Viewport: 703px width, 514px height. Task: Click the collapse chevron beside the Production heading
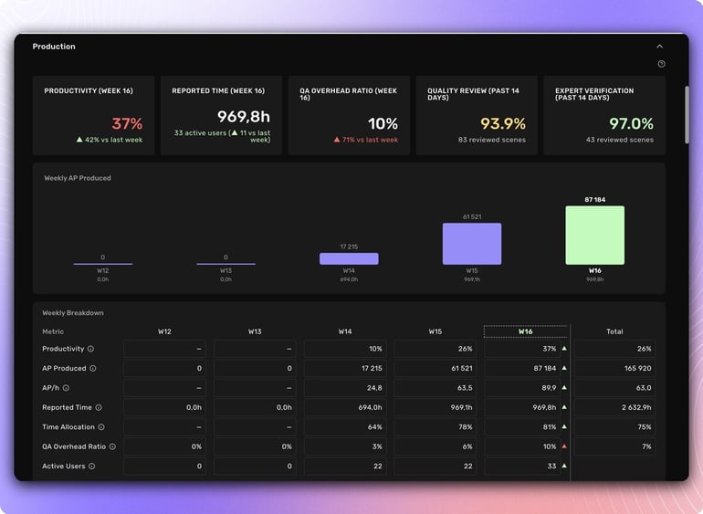click(x=659, y=47)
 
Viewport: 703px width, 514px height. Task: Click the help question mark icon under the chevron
click(x=661, y=64)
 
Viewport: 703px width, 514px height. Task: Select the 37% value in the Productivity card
click(x=128, y=124)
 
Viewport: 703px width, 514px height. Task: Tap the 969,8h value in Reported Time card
click(x=244, y=116)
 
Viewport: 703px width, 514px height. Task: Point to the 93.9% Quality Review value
click(x=503, y=124)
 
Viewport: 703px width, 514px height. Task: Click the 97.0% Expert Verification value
click(x=631, y=124)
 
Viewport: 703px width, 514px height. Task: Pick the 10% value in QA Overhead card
click(x=383, y=124)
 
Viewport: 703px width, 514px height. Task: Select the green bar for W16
click(x=594, y=235)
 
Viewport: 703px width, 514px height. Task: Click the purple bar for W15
click(x=471, y=244)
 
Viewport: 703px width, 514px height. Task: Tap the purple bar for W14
click(x=349, y=258)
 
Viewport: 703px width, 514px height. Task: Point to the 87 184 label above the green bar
click(x=595, y=199)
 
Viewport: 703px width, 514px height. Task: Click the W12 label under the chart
click(x=103, y=271)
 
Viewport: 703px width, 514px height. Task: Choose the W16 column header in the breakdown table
click(x=525, y=331)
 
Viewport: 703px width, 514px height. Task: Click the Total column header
click(x=614, y=331)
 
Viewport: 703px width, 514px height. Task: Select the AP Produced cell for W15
click(x=435, y=369)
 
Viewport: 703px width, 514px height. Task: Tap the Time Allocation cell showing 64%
click(x=345, y=427)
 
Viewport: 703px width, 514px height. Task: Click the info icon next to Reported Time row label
click(x=99, y=408)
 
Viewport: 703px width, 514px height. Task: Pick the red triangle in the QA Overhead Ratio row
click(x=564, y=446)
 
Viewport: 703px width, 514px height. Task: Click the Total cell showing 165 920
click(x=614, y=369)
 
